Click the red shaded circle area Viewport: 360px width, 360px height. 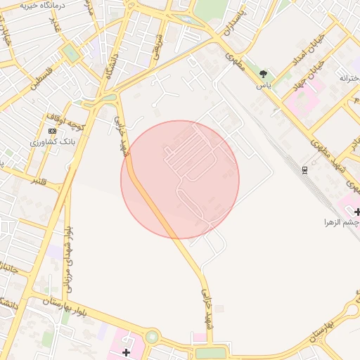click(180, 179)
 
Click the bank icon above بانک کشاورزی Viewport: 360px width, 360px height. click(52, 131)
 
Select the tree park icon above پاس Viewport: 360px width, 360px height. click(264, 74)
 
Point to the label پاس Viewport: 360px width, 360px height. click(264, 85)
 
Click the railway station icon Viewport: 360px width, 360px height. click(304, 169)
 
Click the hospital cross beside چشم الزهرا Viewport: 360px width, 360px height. click(357, 211)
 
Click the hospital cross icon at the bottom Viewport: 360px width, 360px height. click(126, 352)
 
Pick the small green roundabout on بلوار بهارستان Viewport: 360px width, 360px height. click(153, 337)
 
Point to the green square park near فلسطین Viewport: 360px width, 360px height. click(70, 53)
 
